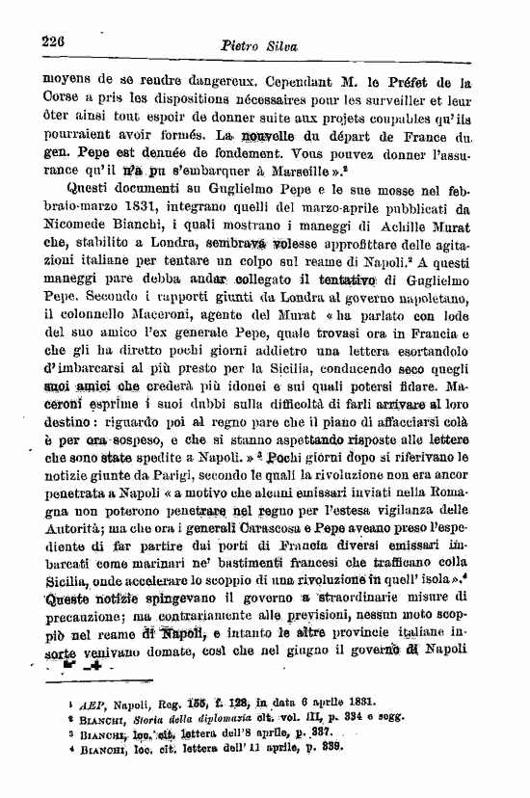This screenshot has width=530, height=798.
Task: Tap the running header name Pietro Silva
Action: pos(258,44)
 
